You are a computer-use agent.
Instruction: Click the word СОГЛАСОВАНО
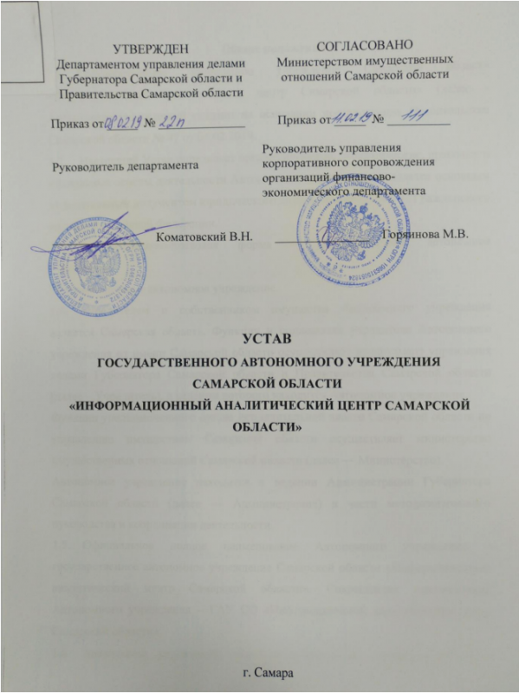(x=363, y=43)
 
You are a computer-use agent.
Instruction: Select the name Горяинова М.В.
(x=424, y=236)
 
